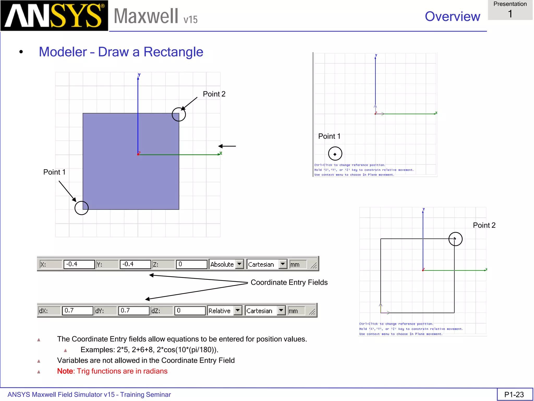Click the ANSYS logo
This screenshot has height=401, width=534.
point(54,15)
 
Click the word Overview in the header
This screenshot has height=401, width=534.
point(452,16)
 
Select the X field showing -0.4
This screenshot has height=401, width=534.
point(79,264)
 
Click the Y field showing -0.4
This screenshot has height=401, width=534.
point(135,264)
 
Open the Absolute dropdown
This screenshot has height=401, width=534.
point(239,264)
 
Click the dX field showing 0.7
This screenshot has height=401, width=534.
point(77,310)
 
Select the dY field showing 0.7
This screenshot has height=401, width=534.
point(133,310)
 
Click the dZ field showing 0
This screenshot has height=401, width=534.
point(190,310)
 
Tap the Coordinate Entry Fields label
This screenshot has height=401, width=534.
point(289,282)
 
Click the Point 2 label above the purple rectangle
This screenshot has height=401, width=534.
point(214,94)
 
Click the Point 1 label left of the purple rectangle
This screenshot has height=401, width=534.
point(54,172)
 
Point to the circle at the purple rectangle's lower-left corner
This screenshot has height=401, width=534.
point(82,208)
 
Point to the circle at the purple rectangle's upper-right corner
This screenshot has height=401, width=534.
point(179,114)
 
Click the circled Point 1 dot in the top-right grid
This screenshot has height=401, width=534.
point(335,154)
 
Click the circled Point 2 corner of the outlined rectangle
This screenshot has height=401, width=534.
point(455,239)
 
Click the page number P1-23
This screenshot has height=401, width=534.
point(514,394)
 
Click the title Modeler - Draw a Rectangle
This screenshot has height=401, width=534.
point(121,52)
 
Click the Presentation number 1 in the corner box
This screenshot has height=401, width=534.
point(510,14)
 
